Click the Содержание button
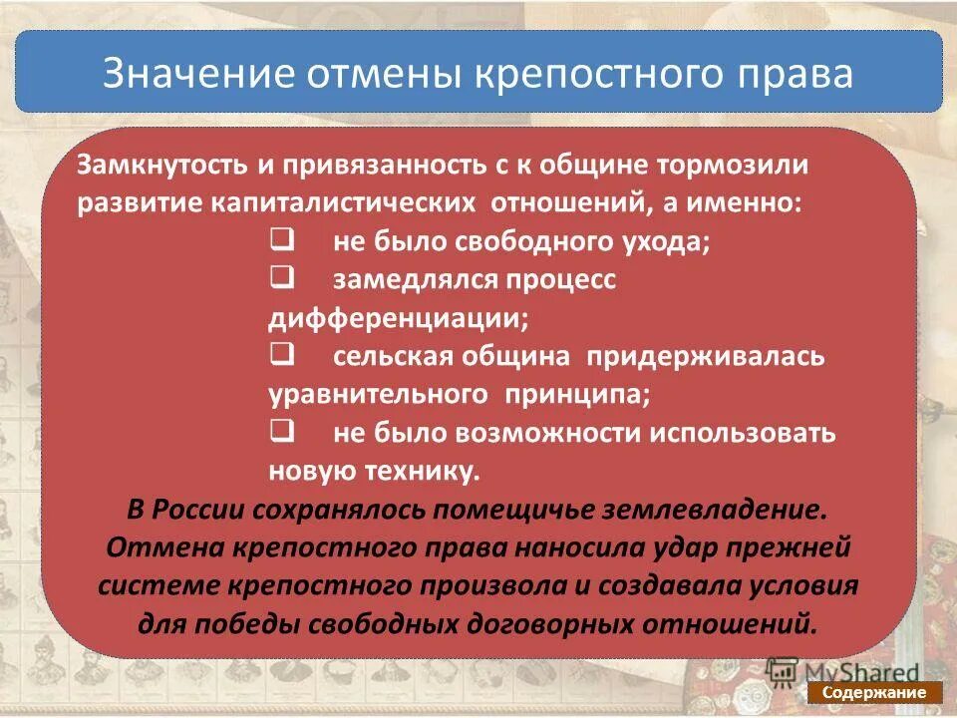874,693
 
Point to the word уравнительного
378,394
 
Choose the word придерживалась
705,356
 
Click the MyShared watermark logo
843,670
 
